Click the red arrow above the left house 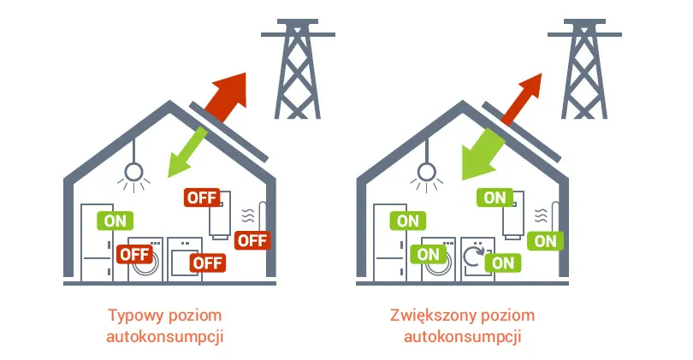click(224, 94)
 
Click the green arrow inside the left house click(187, 151)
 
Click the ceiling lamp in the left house click(132, 174)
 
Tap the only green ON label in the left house click(114, 220)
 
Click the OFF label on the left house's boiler click(202, 198)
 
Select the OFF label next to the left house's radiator click(252, 239)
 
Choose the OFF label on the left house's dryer click(207, 263)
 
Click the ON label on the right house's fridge click(408, 220)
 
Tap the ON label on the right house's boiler click(495, 198)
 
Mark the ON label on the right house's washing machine click(428, 254)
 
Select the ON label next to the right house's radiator click(545, 240)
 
